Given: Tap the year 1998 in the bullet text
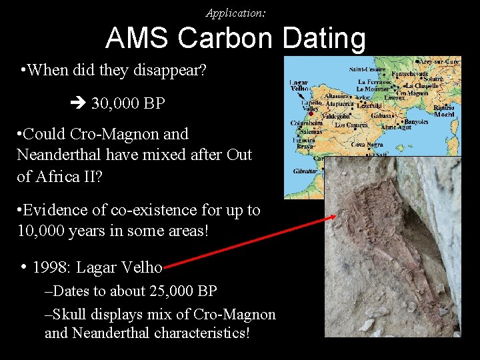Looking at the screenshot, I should tap(51, 267).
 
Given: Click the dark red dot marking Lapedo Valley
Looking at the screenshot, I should tap(311, 113).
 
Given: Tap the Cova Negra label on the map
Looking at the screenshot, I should tap(366, 144).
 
